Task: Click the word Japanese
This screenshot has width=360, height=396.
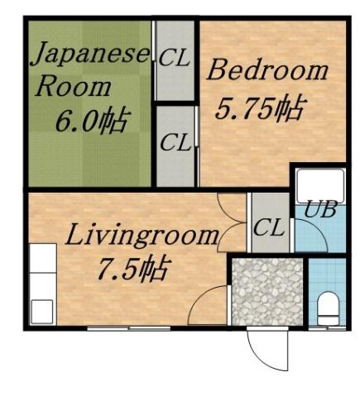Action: point(90,55)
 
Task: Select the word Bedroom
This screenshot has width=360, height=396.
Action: point(267,70)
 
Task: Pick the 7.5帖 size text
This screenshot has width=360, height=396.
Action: point(127,270)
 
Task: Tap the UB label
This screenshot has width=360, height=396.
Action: point(321,209)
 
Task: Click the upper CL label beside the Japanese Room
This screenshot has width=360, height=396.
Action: point(175,59)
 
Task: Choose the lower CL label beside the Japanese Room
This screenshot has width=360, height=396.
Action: point(175,142)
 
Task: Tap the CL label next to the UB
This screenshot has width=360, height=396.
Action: point(268,227)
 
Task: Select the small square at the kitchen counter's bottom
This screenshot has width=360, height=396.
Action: point(41,312)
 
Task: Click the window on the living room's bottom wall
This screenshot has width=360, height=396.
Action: point(124,329)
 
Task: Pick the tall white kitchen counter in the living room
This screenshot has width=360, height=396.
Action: point(41,285)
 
